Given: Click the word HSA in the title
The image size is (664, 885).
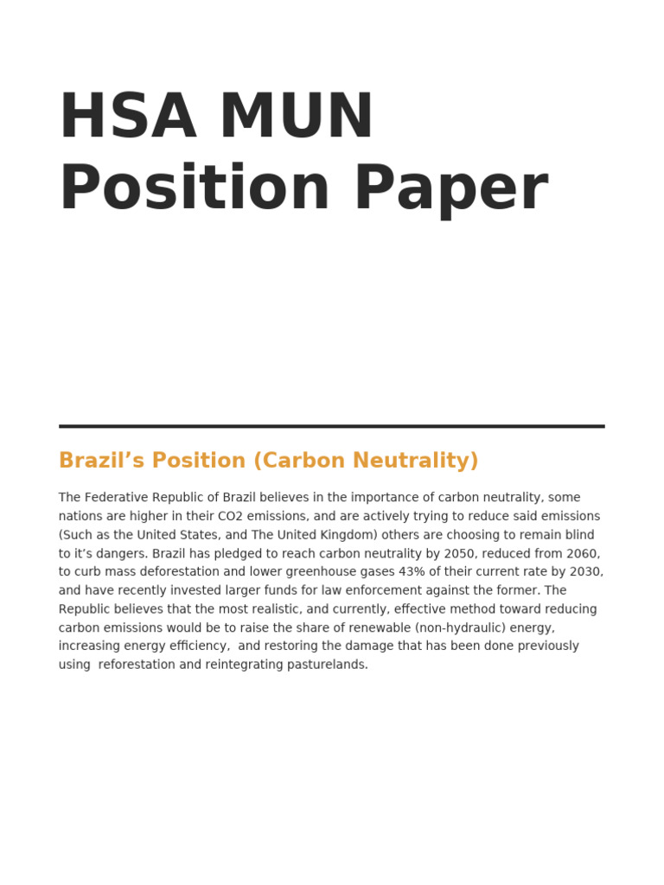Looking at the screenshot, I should (128, 117).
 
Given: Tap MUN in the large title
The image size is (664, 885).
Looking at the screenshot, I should (297, 117).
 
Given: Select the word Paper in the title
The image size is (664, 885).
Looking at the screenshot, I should (450, 189).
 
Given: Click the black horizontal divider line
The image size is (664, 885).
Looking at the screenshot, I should (331, 426).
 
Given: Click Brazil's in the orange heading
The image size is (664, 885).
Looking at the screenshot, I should (97, 461).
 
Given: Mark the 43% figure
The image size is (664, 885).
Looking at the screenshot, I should (410, 572).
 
